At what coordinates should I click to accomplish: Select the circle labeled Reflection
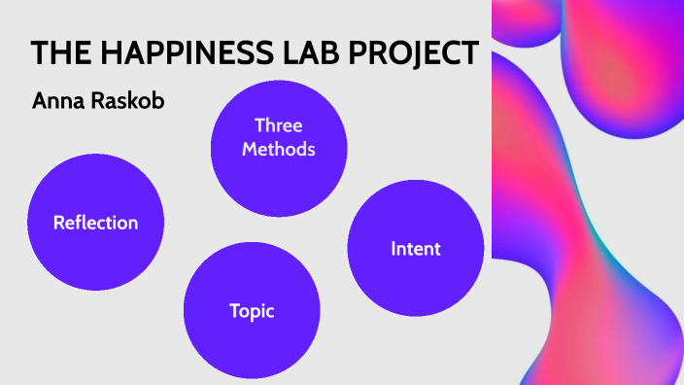[x=95, y=222]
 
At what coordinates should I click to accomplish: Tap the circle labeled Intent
[x=415, y=248]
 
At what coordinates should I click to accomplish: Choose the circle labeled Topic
[x=252, y=311]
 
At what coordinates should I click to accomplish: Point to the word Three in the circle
[x=279, y=125]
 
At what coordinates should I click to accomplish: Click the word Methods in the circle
[x=279, y=150]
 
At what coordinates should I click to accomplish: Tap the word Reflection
[x=95, y=223]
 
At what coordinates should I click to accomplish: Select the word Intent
[x=415, y=249]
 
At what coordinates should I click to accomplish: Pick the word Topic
[x=252, y=312]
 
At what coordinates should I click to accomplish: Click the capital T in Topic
[x=234, y=311]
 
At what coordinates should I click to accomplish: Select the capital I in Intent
[x=393, y=249]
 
